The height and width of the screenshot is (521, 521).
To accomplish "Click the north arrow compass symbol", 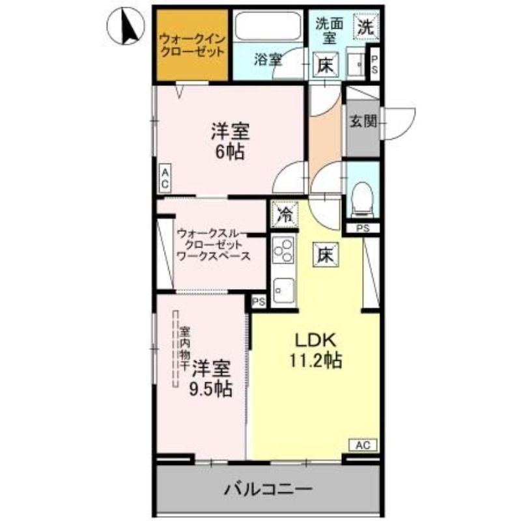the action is pyautogui.click(x=126, y=26).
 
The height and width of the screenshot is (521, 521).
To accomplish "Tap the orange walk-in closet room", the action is pyautogui.click(x=192, y=45).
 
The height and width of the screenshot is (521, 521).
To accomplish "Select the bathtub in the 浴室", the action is pyautogui.click(x=268, y=26).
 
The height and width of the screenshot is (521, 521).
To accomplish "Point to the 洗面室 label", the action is pyautogui.click(x=330, y=31).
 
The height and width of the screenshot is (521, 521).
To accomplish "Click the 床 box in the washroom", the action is pyautogui.click(x=325, y=65).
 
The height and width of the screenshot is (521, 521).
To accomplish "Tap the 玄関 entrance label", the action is pyautogui.click(x=363, y=121).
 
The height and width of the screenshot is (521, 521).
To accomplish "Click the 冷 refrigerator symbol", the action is pyautogui.click(x=285, y=215).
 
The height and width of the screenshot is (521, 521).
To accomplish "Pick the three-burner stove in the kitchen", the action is pyautogui.click(x=283, y=251).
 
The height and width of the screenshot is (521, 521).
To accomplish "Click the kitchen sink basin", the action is pyautogui.click(x=283, y=290).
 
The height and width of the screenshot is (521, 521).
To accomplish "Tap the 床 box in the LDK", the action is pyautogui.click(x=325, y=255).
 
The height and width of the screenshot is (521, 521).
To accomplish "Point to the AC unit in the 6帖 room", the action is pyautogui.click(x=165, y=178).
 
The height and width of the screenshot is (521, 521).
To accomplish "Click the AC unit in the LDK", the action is pyautogui.click(x=363, y=445).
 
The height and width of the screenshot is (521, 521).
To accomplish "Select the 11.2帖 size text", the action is pyautogui.click(x=315, y=360).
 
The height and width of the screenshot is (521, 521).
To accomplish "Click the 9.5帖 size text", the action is pyautogui.click(x=210, y=388).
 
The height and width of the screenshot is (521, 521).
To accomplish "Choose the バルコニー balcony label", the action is pyautogui.click(x=268, y=489).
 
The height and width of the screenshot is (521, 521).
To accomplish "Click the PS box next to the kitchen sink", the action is pyautogui.click(x=259, y=302).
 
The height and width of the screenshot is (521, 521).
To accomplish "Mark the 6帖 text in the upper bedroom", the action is pyautogui.click(x=231, y=152).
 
